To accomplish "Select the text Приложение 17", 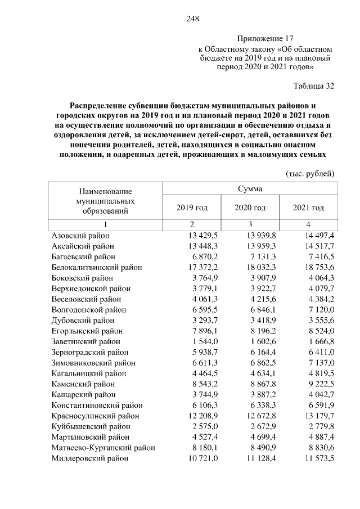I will click(x=265, y=38).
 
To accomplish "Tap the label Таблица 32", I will click(x=314, y=86).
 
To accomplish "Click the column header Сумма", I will click(x=249, y=189).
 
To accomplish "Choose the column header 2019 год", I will click(x=192, y=208).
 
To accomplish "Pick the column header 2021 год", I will click(x=308, y=208).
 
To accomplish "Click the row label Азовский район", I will click(x=80, y=235).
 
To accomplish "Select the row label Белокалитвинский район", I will click(x=97, y=267).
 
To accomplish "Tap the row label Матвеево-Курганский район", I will click(x=103, y=448).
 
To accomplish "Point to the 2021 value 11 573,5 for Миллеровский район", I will click(x=317, y=458).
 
